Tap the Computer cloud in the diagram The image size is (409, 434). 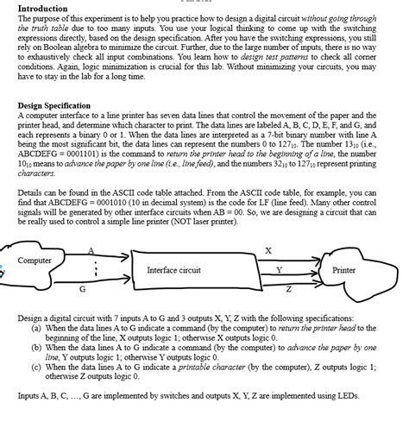coord(35,260)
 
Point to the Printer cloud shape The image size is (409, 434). coord(343,270)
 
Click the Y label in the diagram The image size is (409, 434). coord(278,270)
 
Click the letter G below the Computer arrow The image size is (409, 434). coord(82,289)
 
